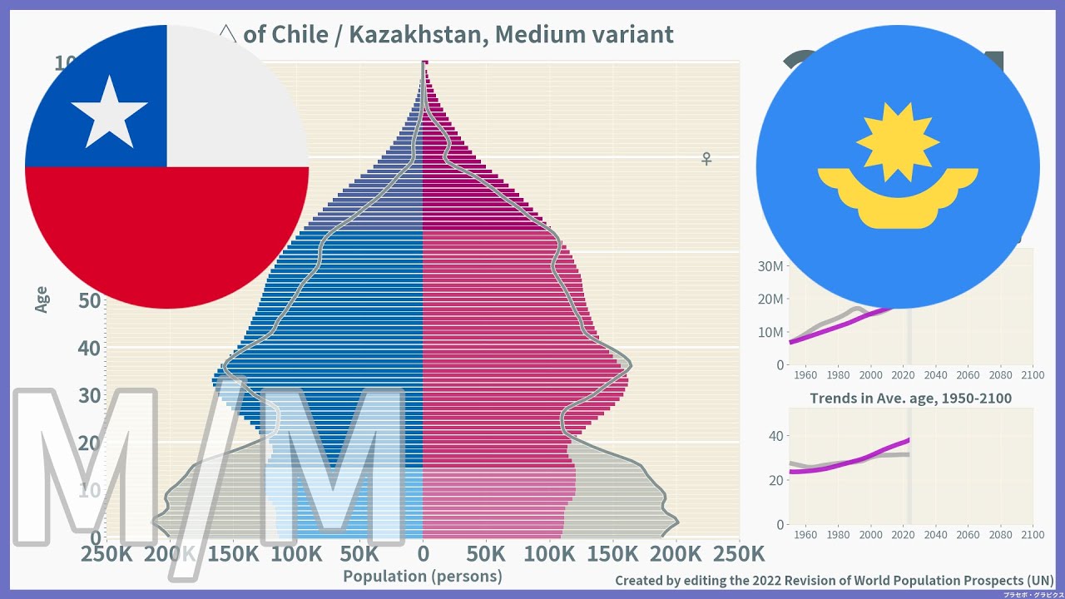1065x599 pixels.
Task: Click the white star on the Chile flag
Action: (109, 111)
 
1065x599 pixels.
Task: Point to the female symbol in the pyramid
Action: (706, 158)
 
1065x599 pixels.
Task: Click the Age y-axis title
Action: (42, 299)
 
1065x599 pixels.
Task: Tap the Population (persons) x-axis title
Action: (423, 576)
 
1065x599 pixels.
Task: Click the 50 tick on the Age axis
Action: (89, 300)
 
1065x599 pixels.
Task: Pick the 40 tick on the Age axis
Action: (89, 348)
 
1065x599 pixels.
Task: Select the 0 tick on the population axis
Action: (423, 554)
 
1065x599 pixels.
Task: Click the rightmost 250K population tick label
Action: (739, 554)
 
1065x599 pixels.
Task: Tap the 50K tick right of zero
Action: (486, 554)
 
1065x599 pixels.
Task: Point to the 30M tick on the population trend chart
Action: (770, 266)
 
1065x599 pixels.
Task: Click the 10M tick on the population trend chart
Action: (770, 332)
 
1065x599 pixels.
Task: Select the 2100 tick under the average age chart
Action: (1033, 535)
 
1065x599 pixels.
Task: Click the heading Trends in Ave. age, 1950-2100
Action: (910, 399)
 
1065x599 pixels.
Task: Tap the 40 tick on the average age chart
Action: (775, 436)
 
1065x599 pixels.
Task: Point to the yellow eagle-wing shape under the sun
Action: (898, 196)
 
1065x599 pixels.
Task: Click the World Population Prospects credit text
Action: (834, 580)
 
